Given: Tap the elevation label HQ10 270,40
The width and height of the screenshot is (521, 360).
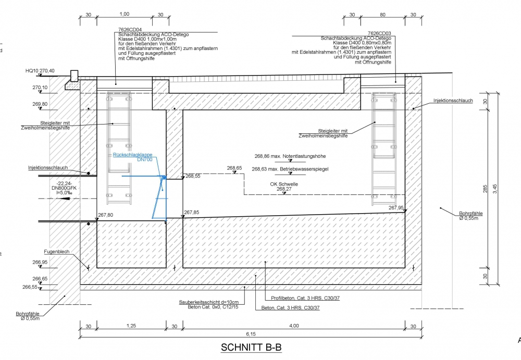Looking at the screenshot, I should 40,71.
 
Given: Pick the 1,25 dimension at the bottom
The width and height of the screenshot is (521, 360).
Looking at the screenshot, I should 131,326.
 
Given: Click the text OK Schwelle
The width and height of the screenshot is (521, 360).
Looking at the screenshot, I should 284,184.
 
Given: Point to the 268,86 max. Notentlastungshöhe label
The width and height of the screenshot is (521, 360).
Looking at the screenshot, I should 291,155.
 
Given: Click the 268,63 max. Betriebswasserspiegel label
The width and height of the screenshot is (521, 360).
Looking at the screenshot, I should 290,169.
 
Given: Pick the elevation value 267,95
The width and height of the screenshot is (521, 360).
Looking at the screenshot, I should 396,207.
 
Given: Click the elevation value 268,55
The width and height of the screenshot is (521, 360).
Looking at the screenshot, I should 193,176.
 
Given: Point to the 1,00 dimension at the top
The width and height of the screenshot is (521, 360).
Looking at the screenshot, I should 124,15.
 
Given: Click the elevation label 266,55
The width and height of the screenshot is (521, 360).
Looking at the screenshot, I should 28,287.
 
